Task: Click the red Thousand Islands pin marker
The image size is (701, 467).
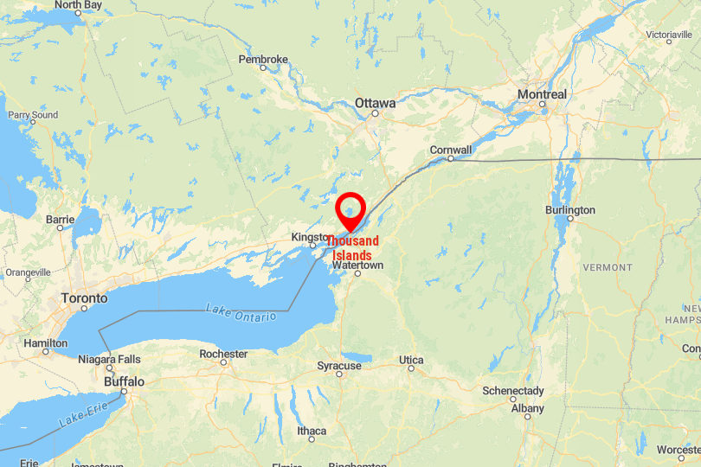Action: (x=350, y=210)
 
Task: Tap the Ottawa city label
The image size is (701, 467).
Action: (x=375, y=103)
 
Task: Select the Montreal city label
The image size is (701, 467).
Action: (x=542, y=94)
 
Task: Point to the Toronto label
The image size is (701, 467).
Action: (x=84, y=298)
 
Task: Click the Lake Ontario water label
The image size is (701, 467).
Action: (x=241, y=312)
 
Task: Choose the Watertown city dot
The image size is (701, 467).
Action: (x=357, y=274)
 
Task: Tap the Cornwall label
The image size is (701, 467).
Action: (x=451, y=150)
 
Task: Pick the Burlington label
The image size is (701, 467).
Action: (x=570, y=210)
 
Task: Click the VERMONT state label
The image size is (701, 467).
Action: (x=608, y=267)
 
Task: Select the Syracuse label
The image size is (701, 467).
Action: (x=338, y=366)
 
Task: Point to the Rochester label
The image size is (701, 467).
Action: (x=223, y=354)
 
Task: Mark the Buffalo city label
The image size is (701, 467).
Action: (x=124, y=381)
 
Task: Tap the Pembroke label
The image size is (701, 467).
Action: (x=263, y=60)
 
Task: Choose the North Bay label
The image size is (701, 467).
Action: (x=80, y=5)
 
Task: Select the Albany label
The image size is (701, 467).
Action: (x=527, y=408)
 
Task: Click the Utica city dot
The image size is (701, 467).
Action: (x=411, y=369)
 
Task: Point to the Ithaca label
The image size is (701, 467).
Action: (x=312, y=431)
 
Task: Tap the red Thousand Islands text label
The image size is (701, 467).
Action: (x=353, y=248)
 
